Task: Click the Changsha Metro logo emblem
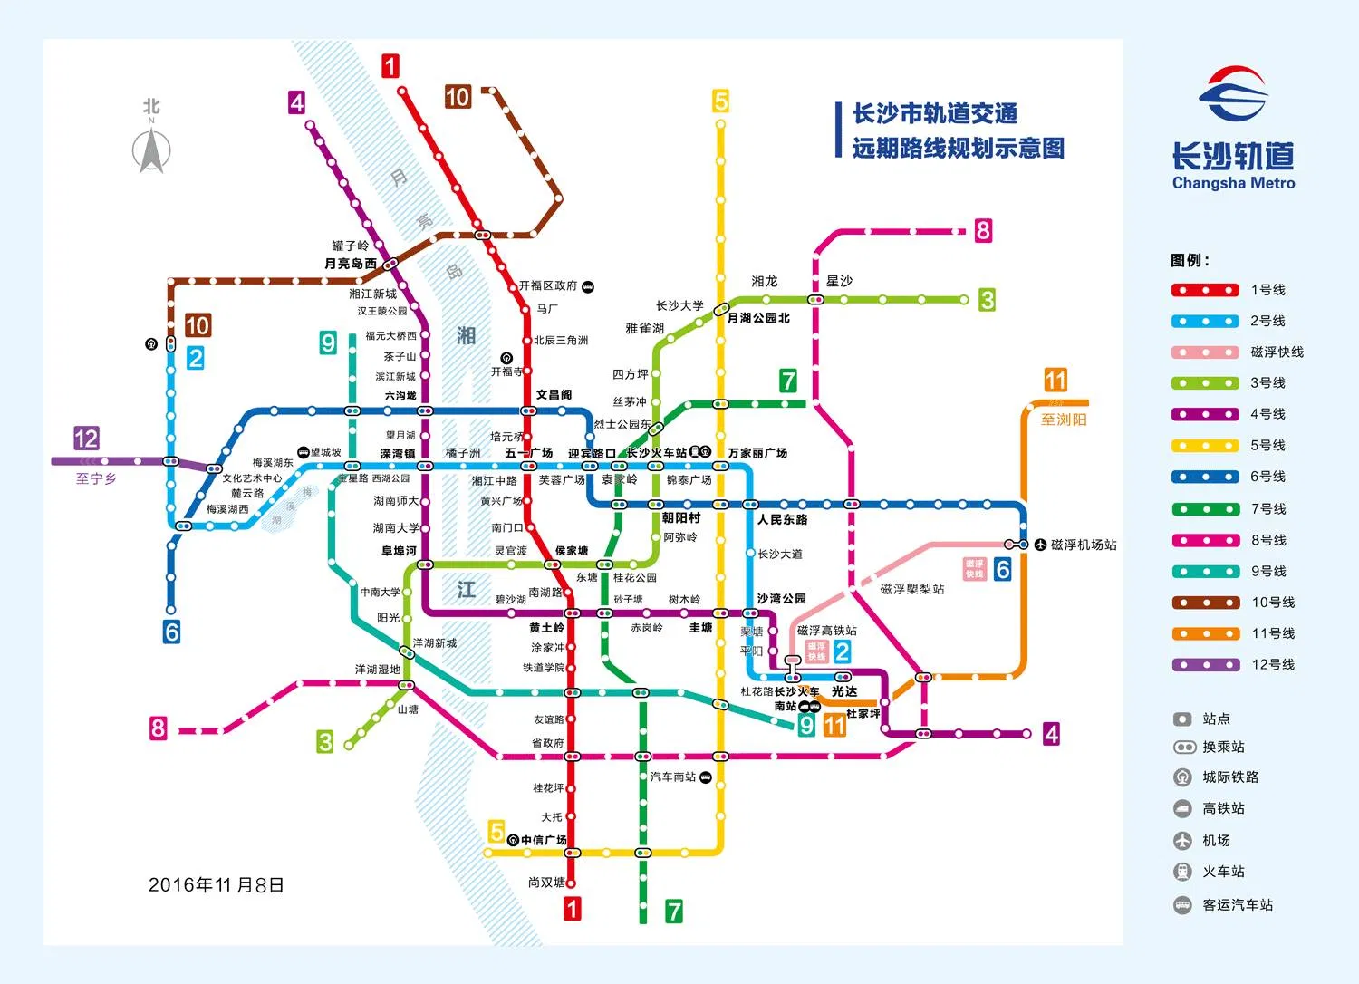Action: [x=1233, y=93]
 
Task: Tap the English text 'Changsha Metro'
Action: [x=1233, y=183]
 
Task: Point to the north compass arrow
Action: [x=151, y=150]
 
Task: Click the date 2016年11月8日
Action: [x=217, y=885]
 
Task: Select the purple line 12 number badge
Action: [x=86, y=439]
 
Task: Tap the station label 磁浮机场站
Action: [x=1084, y=545]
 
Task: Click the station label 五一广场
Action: [x=529, y=453]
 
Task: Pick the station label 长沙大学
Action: [x=679, y=305]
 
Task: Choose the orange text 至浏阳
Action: [x=1063, y=420]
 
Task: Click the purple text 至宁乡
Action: [x=96, y=478]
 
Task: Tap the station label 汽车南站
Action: [x=673, y=777]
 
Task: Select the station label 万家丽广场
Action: [x=757, y=453]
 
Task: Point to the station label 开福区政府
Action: [x=548, y=285]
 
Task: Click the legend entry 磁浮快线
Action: [x=1277, y=352]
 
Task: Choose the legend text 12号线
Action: [x=1273, y=664]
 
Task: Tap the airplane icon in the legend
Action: [x=1182, y=840]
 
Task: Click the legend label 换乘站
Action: [x=1223, y=747]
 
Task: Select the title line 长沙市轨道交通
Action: [x=935, y=114]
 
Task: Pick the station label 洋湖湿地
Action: [x=378, y=670]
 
